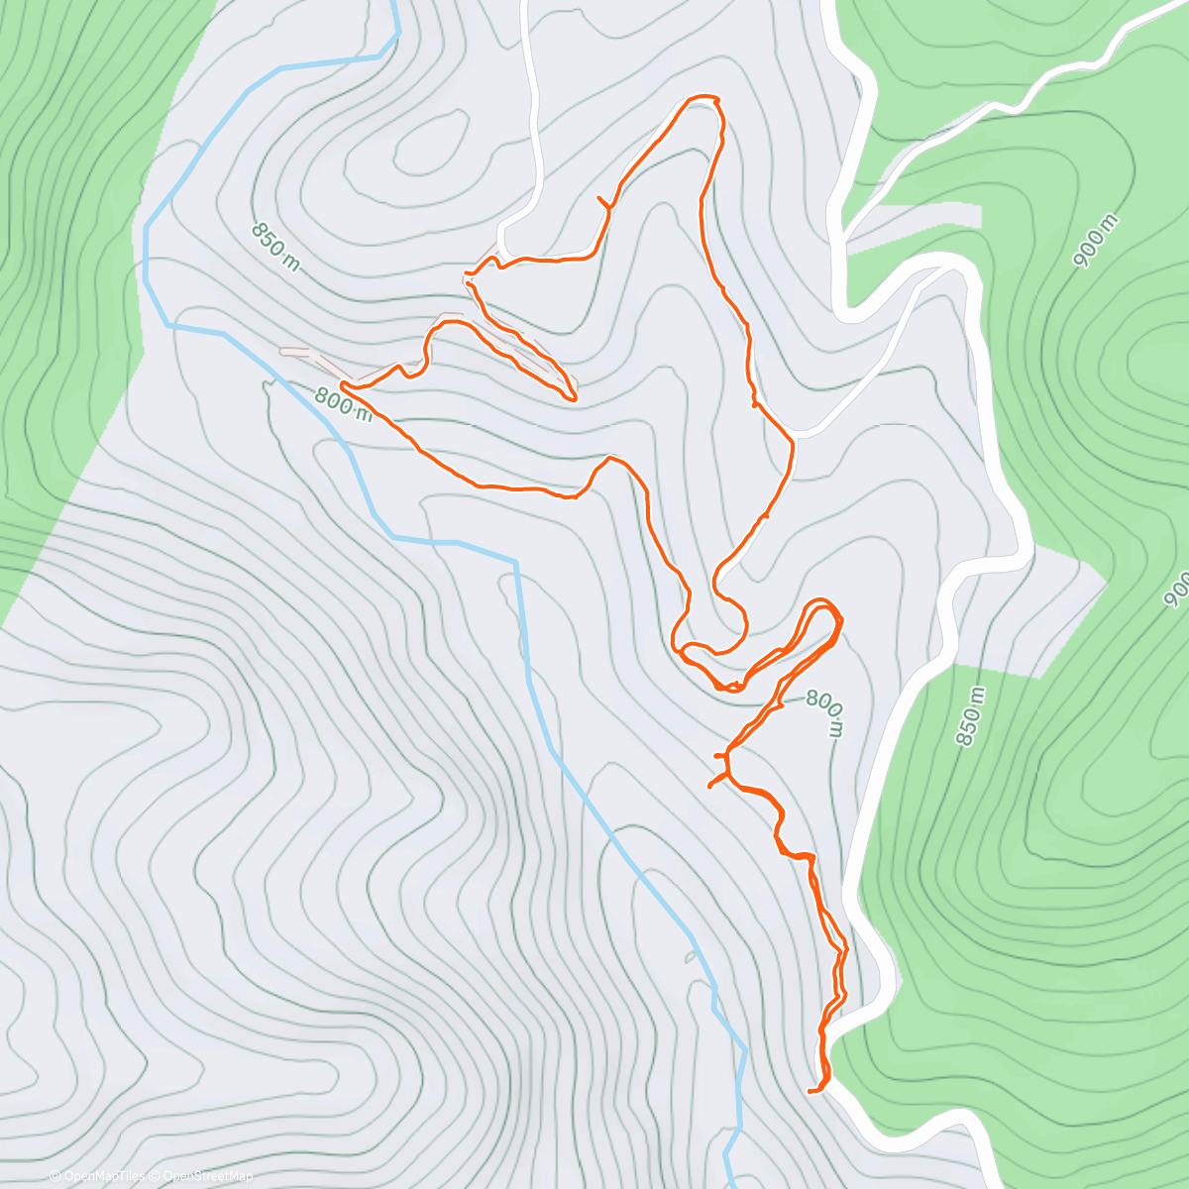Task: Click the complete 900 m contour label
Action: (1096, 240)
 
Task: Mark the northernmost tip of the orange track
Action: (704, 97)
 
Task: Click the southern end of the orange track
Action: (811, 1091)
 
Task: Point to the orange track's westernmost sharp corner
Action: (342, 382)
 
